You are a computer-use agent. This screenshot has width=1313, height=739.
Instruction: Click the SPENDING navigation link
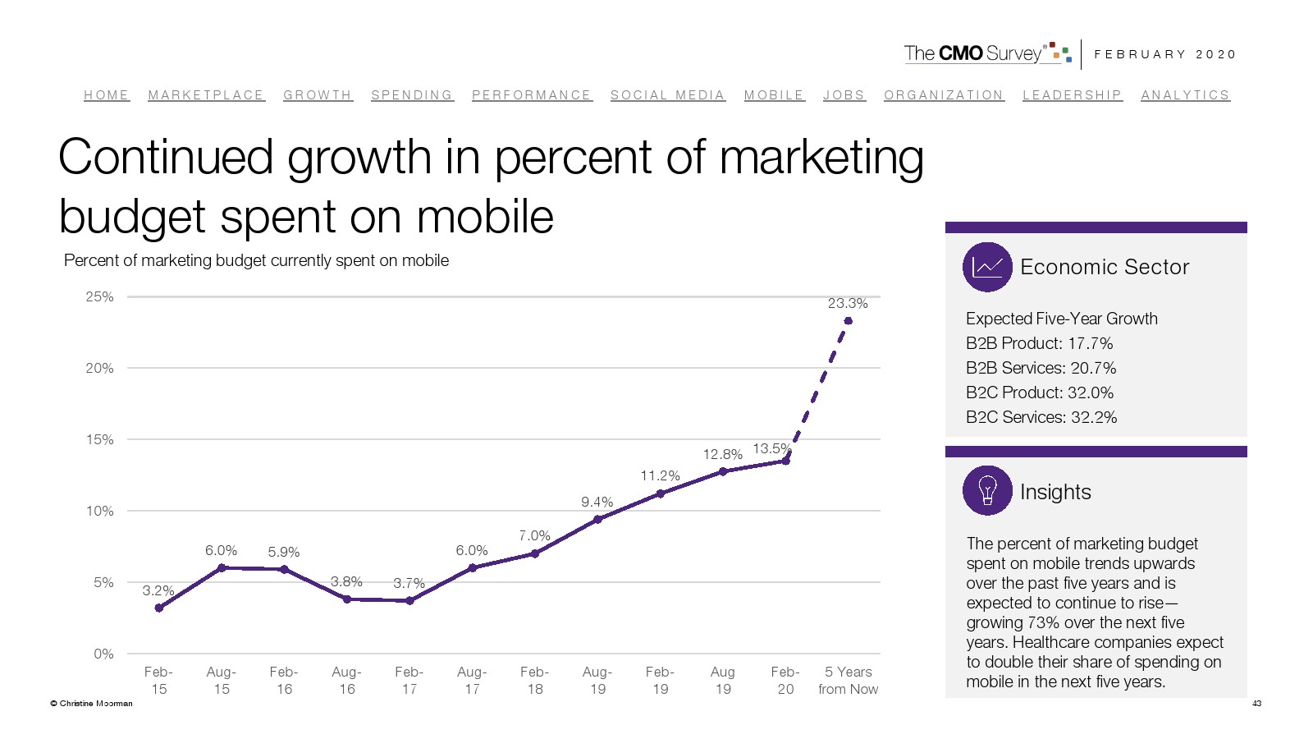pos(411,95)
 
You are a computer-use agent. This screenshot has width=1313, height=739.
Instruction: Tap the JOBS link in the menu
pos(844,95)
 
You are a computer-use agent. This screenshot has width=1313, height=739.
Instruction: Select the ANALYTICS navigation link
pos(1185,95)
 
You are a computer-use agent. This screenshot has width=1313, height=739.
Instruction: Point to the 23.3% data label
pos(848,303)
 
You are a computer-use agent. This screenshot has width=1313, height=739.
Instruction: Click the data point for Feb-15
pos(159,608)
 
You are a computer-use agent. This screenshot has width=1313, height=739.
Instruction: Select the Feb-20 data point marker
pos(785,461)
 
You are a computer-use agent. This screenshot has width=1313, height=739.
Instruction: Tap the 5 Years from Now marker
pos(848,321)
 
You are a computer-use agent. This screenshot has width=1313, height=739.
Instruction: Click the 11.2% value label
pos(660,475)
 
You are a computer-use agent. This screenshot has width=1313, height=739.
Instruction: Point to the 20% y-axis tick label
pos(100,368)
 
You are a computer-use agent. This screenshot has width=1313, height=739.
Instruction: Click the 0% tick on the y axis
pos(103,654)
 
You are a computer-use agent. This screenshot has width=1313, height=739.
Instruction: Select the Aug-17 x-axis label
pos(472,680)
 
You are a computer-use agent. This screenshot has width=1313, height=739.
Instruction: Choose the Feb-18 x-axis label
pos(534,680)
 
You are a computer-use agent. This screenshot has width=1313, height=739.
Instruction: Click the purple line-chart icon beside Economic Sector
pos(987,267)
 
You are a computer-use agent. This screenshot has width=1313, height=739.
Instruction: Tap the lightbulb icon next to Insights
pos(987,490)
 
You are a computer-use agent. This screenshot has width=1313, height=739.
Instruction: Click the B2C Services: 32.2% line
pos(1041,417)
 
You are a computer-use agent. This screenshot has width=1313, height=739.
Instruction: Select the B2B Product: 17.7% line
pos(1039,343)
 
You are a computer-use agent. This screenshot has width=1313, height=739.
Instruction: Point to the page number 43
pos(1256,703)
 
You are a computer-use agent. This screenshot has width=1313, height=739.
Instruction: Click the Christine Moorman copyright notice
pos(91,703)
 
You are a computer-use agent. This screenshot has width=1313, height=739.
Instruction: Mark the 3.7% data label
pos(409,583)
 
